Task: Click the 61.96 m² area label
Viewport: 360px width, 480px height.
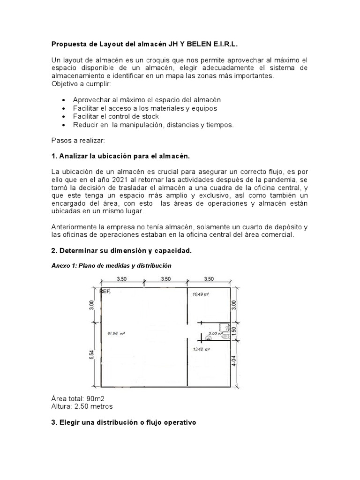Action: click(118, 333)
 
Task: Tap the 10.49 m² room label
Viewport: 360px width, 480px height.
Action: click(200, 294)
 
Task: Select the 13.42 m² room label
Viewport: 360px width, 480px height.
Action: click(201, 349)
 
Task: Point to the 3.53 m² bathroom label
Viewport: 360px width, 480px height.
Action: click(215, 333)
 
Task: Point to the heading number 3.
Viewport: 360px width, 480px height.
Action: click(53, 423)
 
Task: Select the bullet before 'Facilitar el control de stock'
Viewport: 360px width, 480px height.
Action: click(64, 117)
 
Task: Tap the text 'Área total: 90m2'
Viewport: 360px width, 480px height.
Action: click(77, 398)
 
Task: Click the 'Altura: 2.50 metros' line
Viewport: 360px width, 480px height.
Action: click(82, 406)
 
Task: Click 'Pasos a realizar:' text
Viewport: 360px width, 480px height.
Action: click(79, 140)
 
